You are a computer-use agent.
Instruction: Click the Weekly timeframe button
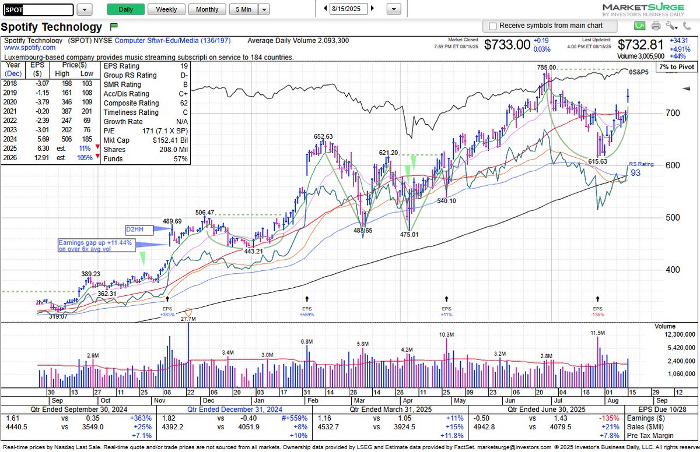point(166,9)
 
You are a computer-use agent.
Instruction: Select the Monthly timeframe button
point(207,9)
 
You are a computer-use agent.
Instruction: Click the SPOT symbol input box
point(38,10)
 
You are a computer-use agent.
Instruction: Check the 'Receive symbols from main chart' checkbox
point(493,26)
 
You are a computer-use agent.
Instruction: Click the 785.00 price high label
point(547,68)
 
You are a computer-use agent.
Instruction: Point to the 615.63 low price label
point(598,161)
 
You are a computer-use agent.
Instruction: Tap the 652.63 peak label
point(323,136)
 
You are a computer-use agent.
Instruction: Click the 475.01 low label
point(409,234)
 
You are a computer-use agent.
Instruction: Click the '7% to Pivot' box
point(672,68)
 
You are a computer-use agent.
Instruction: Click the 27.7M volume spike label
point(188,319)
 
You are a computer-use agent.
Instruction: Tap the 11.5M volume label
point(598,333)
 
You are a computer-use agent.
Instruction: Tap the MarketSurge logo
point(651,8)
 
